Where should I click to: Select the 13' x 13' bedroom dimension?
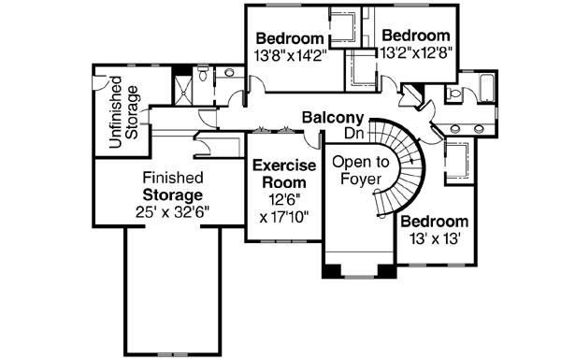tap(433, 238)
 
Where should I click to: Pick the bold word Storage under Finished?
tap(172, 194)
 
